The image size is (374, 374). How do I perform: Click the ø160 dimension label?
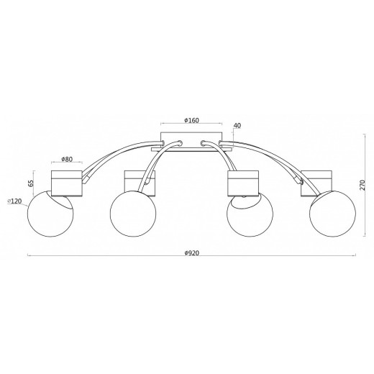click(192, 120)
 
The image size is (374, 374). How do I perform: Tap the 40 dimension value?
click(237, 125)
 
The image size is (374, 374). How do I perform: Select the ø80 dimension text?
click(67, 159)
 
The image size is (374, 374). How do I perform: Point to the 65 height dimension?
click(31, 183)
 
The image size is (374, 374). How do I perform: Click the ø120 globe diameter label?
click(14, 201)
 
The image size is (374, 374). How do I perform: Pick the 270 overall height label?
click(362, 185)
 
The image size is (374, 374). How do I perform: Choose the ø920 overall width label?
click(192, 253)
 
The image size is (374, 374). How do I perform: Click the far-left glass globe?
click(50, 214)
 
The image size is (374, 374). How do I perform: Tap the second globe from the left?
click(133, 214)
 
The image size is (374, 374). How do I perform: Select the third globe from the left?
click(250, 214)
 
